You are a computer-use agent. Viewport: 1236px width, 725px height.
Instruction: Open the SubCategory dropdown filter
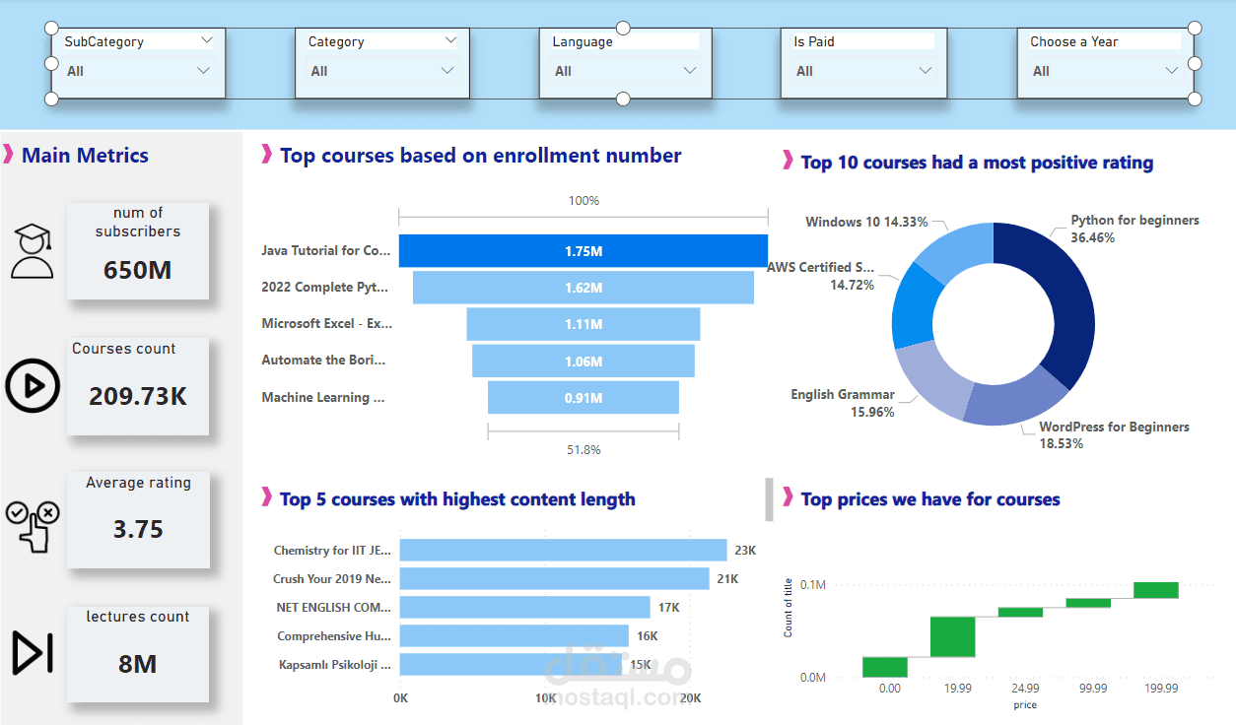pyautogui.click(x=138, y=71)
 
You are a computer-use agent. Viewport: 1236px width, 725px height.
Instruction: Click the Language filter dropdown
pyautogui.click(x=625, y=71)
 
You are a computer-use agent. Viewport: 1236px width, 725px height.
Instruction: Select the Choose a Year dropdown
pyautogui.click(x=1104, y=71)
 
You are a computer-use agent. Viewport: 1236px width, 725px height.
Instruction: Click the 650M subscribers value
pyautogui.click(x=138, y=269)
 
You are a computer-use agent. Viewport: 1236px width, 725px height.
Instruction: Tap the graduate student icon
pyautogui.click(x=33, y=250)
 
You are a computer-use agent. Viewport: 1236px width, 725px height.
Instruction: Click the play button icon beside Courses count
pyautogui.click(x=33, y=385)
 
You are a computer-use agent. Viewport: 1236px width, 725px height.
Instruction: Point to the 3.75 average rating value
pyautogui.click(x=138, y=529)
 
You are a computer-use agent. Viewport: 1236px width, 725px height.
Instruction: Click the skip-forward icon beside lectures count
pyautogui.click(x=33, y=652)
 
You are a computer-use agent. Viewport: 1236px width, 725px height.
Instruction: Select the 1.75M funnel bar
pyautogui.click(x=583, y=251)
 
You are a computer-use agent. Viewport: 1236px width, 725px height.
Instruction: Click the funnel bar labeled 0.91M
pyautogui.click(x=583, y=398)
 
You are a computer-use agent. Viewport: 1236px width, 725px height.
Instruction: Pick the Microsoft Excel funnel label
pyautogui.click(x=325, y=323)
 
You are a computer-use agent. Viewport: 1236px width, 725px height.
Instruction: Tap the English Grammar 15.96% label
pyautogui.click(x=843, y=403)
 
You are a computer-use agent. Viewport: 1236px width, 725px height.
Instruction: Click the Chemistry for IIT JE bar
pyautogui.click(x=563, y=551)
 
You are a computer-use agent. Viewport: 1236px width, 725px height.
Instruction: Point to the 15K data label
pyautogui.click(x=640, y=665)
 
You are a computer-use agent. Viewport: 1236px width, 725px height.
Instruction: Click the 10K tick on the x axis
pyautogui.click(x=545, y=697)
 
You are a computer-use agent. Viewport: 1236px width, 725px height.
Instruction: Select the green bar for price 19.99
pyautogui.click(x=952, y=636)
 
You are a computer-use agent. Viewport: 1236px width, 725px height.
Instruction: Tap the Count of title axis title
pyautogui.click(x=788, y=607)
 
